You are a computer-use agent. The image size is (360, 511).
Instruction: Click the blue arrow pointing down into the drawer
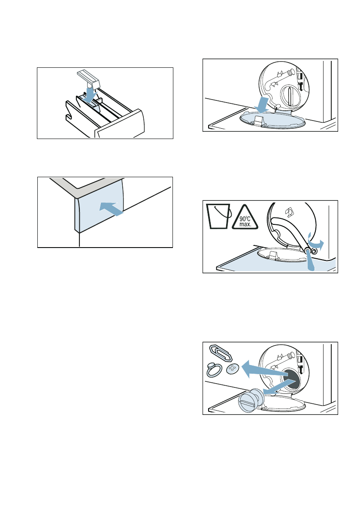tap(90, 94)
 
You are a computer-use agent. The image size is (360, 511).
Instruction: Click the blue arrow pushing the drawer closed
tap(111, 208)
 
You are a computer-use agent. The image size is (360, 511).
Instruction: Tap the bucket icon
tap(218, 216)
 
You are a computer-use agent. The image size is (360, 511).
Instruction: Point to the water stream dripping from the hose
tap(311, 262)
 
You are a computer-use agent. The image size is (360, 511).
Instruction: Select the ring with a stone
tap(214, 370)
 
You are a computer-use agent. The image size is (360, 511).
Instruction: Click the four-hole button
tap(232, 368)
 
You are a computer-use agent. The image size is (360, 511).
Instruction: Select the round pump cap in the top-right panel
tap(290, 96)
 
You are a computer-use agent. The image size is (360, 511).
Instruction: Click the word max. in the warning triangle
tap(245, 225)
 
